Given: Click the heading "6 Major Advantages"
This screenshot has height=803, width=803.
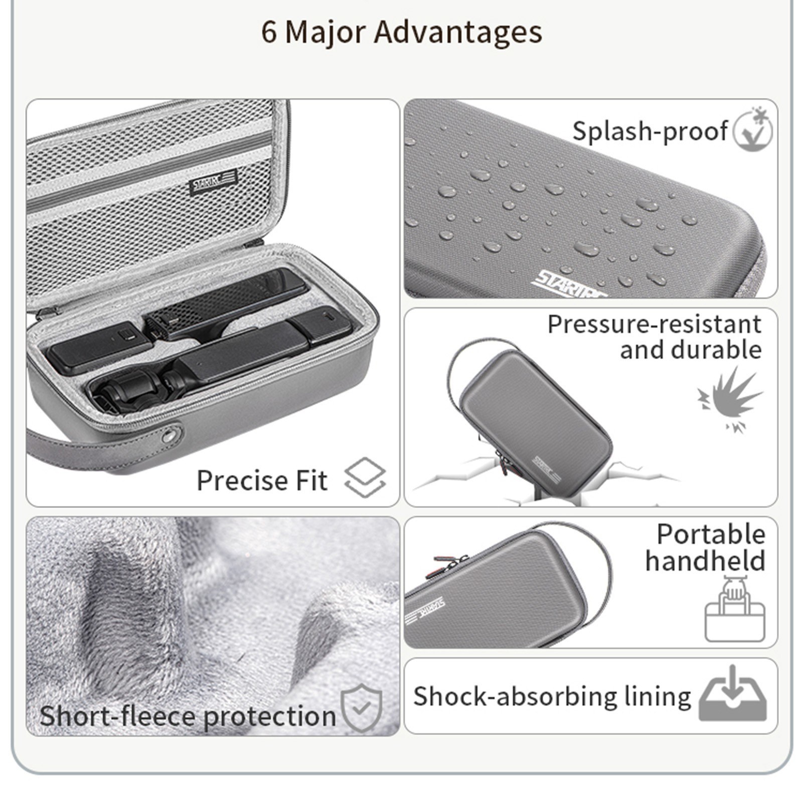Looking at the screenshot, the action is coord(401,32).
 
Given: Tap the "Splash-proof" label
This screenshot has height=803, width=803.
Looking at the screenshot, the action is coord(650,131).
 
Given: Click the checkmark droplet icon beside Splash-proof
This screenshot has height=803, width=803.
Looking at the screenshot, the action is coord(753,128).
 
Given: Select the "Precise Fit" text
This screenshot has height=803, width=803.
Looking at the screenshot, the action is coord(262,480).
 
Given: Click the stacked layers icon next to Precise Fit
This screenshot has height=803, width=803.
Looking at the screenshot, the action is coord(365,477).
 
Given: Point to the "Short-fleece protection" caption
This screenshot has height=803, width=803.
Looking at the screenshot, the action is coord(188,715).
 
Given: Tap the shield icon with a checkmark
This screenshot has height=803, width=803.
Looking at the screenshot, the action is coord(361,708).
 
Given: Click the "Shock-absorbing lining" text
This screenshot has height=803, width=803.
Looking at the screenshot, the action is coord(552,697).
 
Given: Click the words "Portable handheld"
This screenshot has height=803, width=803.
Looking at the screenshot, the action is coord(706,547).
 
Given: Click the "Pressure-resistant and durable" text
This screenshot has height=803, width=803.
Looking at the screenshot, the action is coord(655,337).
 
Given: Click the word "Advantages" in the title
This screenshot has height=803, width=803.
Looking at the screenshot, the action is coord(458,32).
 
